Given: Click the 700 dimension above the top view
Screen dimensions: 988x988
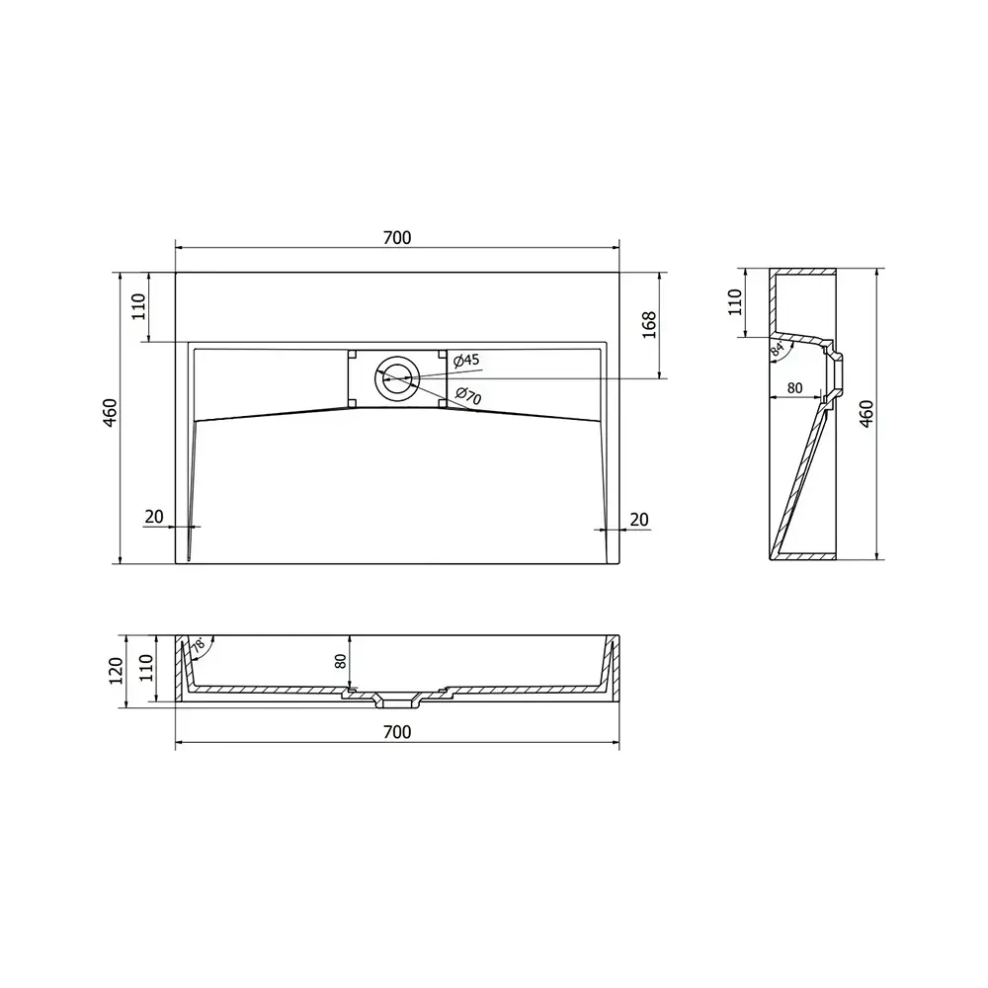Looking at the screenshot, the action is pyautogui.click(x=397, y=237).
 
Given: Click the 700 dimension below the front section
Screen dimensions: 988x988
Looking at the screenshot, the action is pyautogui.click(x=397, y=731).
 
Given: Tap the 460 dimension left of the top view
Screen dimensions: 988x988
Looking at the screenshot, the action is pyautogui.click(x=111, y=413).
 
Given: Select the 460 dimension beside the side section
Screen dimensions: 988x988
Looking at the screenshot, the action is pyautogui.click(x=867, y=414).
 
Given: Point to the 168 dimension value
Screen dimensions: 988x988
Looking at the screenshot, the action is pyautogui.click(x=649, y=325).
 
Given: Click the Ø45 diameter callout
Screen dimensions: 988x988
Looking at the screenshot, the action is pyautogui.click(x=467, y=361).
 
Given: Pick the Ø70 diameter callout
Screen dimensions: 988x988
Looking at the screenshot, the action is pyautogui.click(x=468, y=396).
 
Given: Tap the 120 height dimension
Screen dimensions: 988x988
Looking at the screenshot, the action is pyautogui.click(x=116, y=671).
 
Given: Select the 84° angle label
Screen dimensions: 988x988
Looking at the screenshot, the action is pyautogui.click(x=778, y=351).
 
